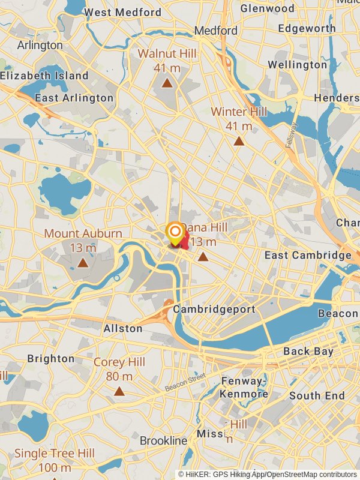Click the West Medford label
click(122, 12)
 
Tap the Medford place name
click(216, 30)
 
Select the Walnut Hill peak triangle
click(167, 83)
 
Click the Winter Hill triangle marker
click(239, 142)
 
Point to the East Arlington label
click(74, 98)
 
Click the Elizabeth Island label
click(44, 76)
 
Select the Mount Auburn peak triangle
click(83, 262)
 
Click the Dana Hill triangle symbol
click(203, 257)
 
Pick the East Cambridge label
click(308, 256)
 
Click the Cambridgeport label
click(214, 310)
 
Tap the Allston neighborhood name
click(123, 328)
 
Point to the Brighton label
click(51, 359)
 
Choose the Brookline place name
click(164, 440)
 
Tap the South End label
click(317, 395)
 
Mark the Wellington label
click(298, 65)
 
